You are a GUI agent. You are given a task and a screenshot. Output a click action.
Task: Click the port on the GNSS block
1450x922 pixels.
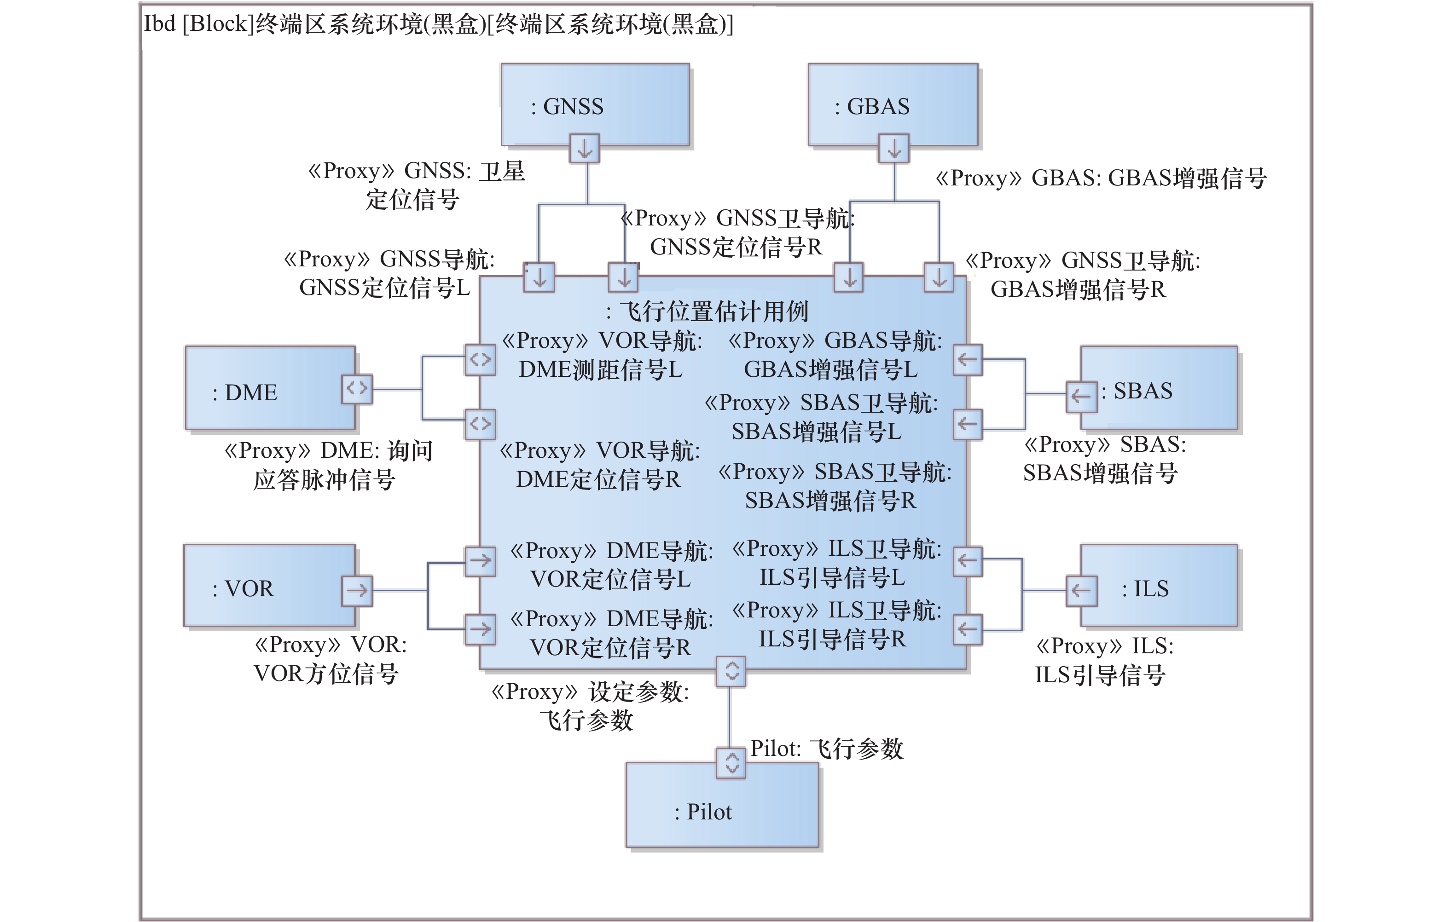pyautogui.click(x=584, y=148)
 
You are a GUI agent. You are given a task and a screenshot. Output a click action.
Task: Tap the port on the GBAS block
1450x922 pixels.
pyautogui.click(x=893, y=148)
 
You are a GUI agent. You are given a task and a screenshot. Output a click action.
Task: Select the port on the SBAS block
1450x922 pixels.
pyautogui.click(x=1081, y=396)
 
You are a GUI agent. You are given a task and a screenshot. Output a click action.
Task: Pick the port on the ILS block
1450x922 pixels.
pyautogui.click(x=1081, y=590)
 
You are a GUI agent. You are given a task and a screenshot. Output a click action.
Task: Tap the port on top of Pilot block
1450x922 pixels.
pyautogui.click(x=731, y=763)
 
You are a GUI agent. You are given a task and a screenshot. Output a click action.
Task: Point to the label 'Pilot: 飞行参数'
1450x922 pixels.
pyautogui.click(x=826, y=749)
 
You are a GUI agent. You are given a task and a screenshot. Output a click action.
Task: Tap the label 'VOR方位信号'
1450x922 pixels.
pyautogui.click(x=326, y=674)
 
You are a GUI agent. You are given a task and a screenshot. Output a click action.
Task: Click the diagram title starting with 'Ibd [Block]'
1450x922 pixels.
pyautogui.click(x=438, y=24)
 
